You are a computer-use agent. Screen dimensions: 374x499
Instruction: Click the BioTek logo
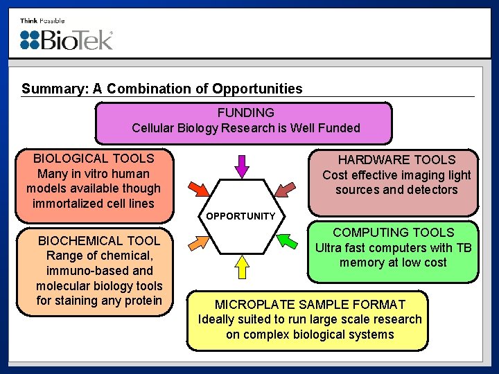click(x=67, y=39)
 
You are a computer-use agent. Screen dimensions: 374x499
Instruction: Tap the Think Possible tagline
click(x=42, y=21)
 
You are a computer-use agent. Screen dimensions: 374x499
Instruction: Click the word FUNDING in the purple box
click(x=245, y=112)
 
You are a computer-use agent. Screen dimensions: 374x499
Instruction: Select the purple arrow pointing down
click(x=241, y=165)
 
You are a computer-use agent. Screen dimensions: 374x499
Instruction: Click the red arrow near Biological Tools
click(x=198, y=188)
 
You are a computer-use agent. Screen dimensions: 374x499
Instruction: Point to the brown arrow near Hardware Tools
click(x=285, y=188)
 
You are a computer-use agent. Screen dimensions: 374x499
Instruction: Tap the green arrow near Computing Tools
click(x=285, y=241)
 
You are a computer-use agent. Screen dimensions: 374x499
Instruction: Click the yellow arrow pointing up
click(x=242, y=266)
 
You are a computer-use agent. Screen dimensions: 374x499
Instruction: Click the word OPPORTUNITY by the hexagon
click(x=240, y=216)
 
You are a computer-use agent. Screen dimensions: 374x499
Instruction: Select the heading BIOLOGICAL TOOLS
click(x=94, y=158)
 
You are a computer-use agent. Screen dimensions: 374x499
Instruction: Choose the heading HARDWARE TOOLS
click(x=396, y=160)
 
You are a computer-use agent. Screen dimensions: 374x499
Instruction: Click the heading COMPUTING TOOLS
click(x=393, y=233)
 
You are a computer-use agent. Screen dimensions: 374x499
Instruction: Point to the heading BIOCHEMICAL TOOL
click(x=99, y=241)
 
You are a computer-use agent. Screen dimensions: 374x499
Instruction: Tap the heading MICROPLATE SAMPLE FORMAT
click(x=310, y=304)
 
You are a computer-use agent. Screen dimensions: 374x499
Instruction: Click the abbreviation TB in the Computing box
click(x=463, y=247)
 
